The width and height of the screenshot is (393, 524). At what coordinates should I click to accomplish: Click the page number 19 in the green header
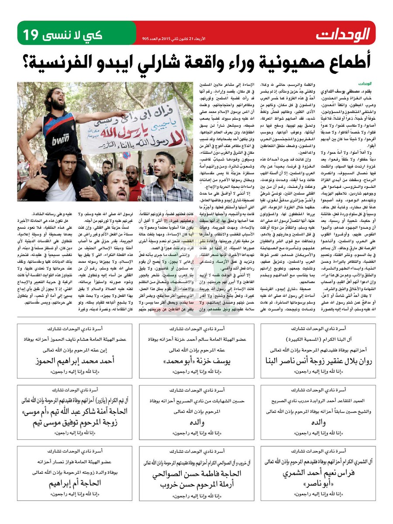pyautogui.click(x=32, y=34)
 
